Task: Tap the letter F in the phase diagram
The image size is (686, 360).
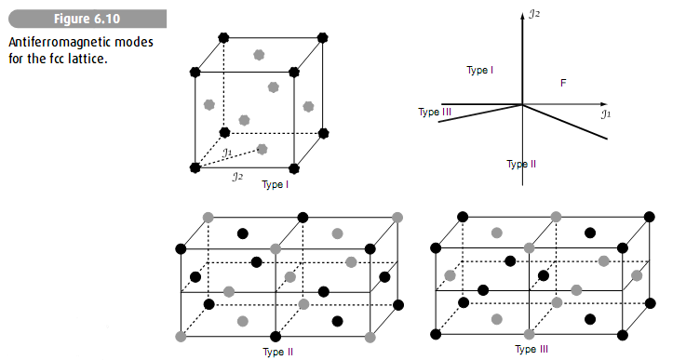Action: (x=564, y=84)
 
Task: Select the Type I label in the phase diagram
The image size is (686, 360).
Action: (x=480, y=71)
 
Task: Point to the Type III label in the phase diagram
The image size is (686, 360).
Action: (x=435, y=113)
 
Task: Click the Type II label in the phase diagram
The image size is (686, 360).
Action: (x=521, y=164)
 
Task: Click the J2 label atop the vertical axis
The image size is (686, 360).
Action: (x=534, y=14)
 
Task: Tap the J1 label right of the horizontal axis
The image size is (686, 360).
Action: (x=606, y=114)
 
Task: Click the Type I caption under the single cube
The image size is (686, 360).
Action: (x=276, y=184)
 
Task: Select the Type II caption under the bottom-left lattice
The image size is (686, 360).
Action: (x=278, y=352)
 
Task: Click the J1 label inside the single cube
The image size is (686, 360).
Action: (x=228, y=152)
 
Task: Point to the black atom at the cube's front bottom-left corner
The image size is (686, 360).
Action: (x=195, y=167)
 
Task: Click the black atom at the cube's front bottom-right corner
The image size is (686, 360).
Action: (x=294, y=167)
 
